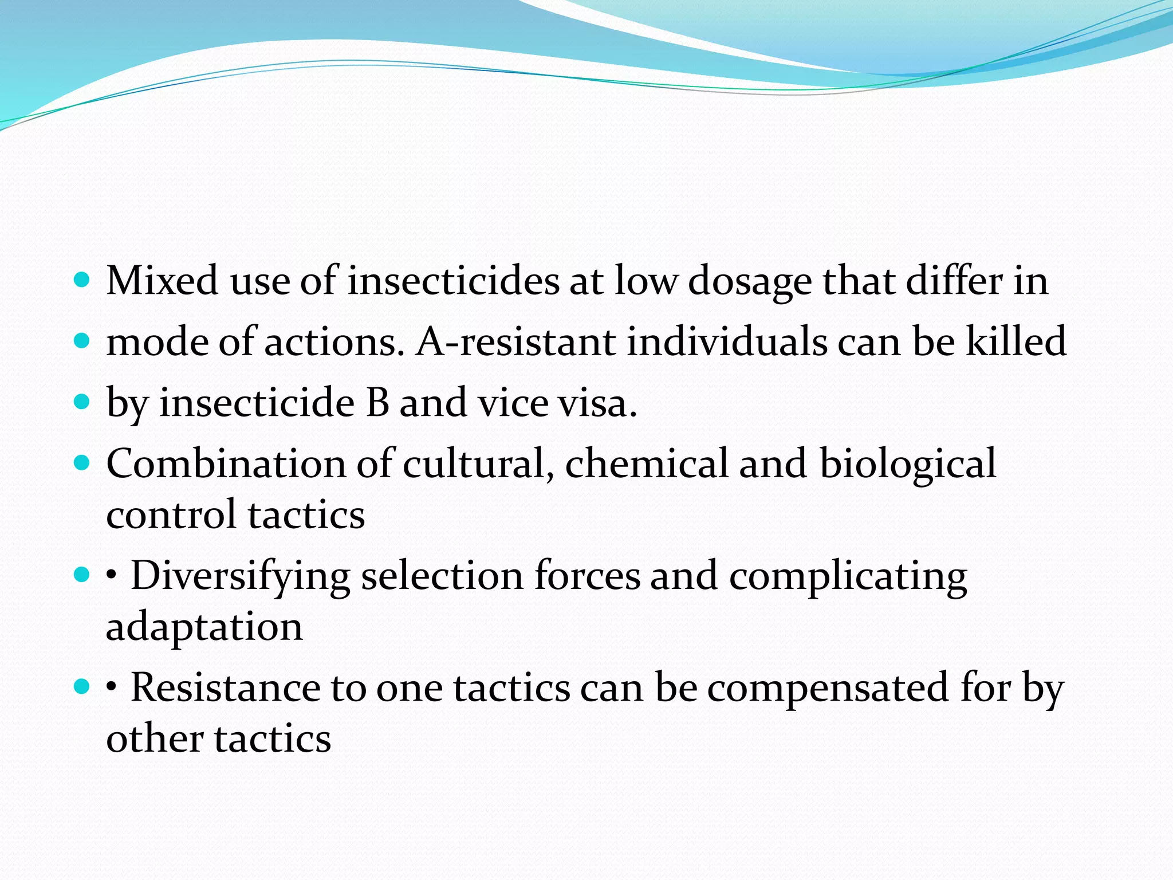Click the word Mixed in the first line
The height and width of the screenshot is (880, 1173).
(162, 281)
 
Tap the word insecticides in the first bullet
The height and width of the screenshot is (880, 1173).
(453, 281)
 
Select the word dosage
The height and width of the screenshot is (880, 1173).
(750, 282)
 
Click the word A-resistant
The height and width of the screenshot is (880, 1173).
(515, 341)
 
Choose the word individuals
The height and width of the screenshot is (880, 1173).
(727, 341)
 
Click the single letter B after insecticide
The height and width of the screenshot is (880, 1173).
(377, 402)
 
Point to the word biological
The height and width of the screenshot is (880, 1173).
(908, 464)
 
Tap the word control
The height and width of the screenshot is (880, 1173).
(171, 514)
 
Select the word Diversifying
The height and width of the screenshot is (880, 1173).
(241, 576)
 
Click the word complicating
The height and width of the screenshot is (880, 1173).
(848, 576)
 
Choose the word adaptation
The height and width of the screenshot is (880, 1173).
(204, 627)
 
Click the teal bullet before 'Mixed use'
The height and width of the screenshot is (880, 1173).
(82, 280)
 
